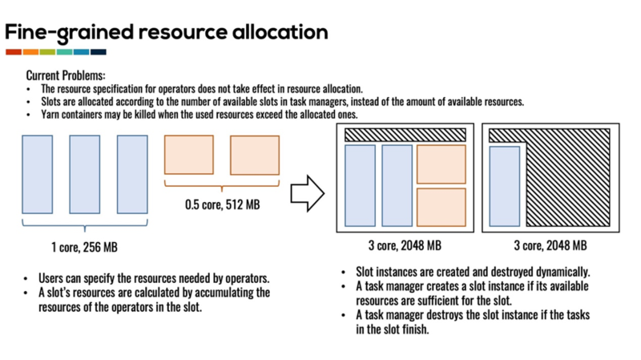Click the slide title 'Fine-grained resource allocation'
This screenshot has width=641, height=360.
(167, 32)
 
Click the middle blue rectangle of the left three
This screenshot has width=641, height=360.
(84, 174)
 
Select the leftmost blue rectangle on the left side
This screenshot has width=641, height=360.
(37, 174)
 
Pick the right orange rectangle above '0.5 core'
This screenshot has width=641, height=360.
(255, 155)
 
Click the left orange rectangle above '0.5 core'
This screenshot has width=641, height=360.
(189, 155)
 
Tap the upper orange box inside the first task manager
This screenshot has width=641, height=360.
(441, 164)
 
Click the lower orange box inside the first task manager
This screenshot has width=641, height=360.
(441, 207)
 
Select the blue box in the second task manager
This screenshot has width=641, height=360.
(505, 186)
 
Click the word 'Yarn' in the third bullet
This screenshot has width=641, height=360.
(50, 115)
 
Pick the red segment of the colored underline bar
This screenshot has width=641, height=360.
(14, 52)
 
